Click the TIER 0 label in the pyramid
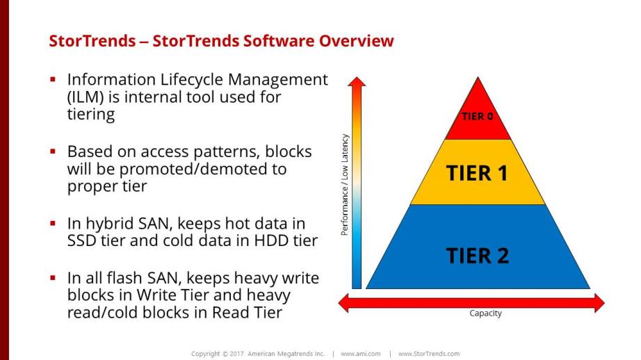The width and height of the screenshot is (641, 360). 478,117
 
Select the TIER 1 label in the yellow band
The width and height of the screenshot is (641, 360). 477,173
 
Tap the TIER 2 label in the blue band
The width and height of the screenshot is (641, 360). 478,256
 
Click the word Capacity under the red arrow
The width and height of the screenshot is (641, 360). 485,313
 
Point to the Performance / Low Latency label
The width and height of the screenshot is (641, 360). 345,185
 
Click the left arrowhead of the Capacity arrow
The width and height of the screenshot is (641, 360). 343,303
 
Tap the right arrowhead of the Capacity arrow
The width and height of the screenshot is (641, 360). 599,303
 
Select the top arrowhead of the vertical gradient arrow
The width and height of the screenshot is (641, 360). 357,81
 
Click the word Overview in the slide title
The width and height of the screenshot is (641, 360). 356,41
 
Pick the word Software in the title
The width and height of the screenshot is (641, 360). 279,41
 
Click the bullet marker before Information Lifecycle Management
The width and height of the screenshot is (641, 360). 53,79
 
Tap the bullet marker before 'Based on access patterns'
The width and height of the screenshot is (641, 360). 53,152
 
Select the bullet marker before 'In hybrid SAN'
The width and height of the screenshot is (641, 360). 53,223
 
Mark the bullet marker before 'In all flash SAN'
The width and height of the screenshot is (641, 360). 53,278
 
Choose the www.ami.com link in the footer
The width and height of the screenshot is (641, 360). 361,354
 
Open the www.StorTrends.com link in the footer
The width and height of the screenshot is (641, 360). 429,354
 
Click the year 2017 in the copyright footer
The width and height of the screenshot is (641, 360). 236,354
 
